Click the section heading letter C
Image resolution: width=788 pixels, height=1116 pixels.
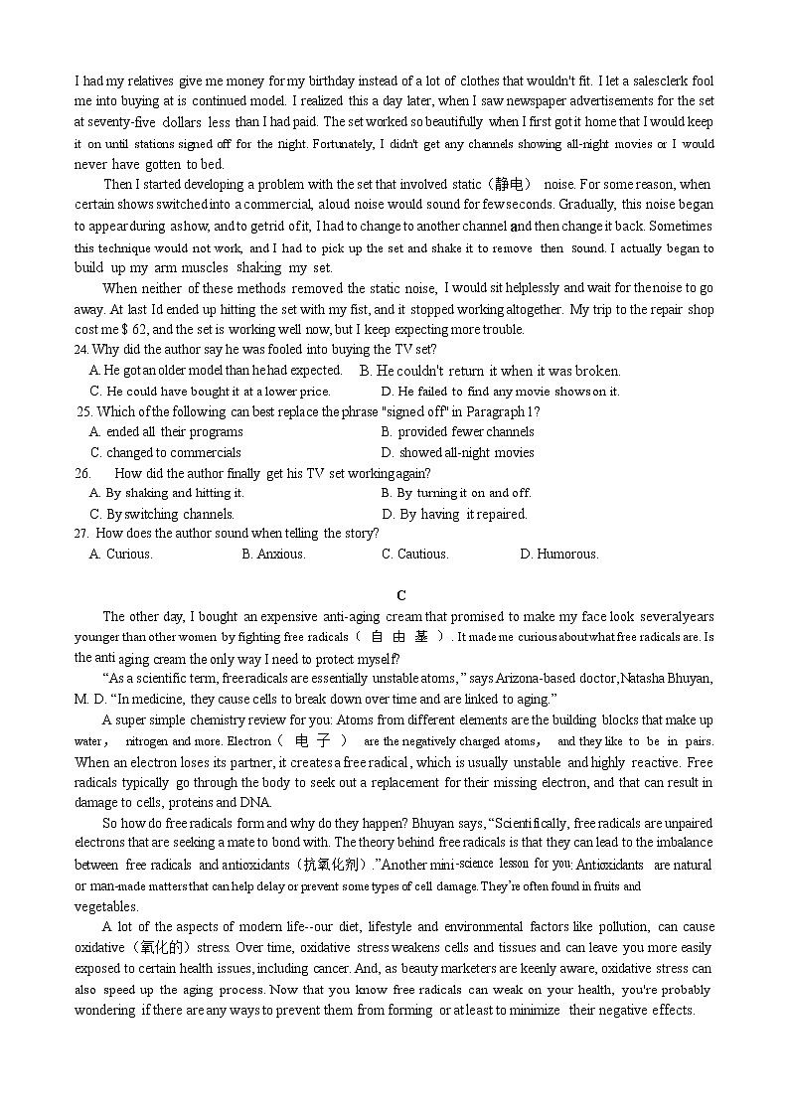pyautogui.click(x=401, y=595)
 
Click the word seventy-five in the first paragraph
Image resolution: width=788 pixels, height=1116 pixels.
pyautogui.click(x=118, y=122)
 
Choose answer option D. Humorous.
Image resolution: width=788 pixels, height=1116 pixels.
pyautogui.click(x=559, y=555)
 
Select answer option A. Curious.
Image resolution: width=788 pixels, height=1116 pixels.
pyautogui.click(x=121, y=555)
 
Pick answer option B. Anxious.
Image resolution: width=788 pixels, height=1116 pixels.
pyautogui.click(x=273, y=555)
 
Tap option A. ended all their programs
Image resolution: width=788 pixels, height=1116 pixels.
pyautogui.click(x=166, y=432)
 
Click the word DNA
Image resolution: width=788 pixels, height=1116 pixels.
pyautogui.click(x=253, y=803)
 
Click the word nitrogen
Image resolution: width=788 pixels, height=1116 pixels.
pyautogui.click(x=148, y=741)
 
